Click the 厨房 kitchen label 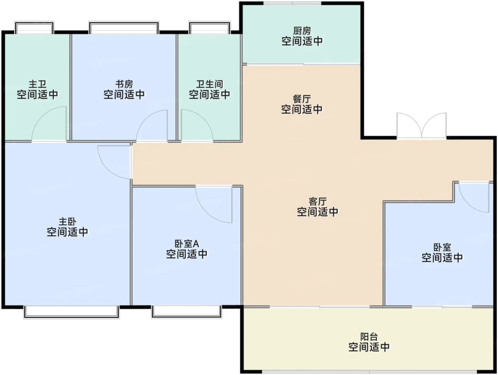(302, 31)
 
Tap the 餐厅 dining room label (302, 99)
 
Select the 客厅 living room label (317, 202)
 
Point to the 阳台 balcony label (369, 337)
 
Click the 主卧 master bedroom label (67, 221)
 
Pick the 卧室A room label (187, 244)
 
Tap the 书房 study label (124, 84)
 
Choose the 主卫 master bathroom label (37, 84)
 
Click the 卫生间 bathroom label (210, 84)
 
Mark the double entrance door (421, 125)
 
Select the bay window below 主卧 (71, 312)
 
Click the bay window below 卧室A (186, 312)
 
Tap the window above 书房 (124, 27)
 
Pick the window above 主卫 (34, 27)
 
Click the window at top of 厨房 (292, 3)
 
